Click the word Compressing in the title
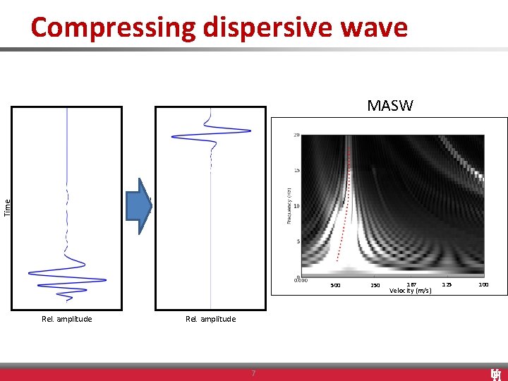(114, 28)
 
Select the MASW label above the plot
(390, 106)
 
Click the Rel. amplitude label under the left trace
(67, 319)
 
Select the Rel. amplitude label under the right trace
(211, 319)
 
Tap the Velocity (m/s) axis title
(410, 291)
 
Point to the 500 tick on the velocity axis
(336, 286)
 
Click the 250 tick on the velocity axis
(375, 286)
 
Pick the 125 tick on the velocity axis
(446, 284)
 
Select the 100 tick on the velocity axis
(483, 284)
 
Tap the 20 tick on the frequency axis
(297, 135)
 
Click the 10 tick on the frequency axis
(297, 206)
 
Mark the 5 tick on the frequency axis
(298, 241)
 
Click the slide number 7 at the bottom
(253, 373)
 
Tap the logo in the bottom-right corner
(495, 374)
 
